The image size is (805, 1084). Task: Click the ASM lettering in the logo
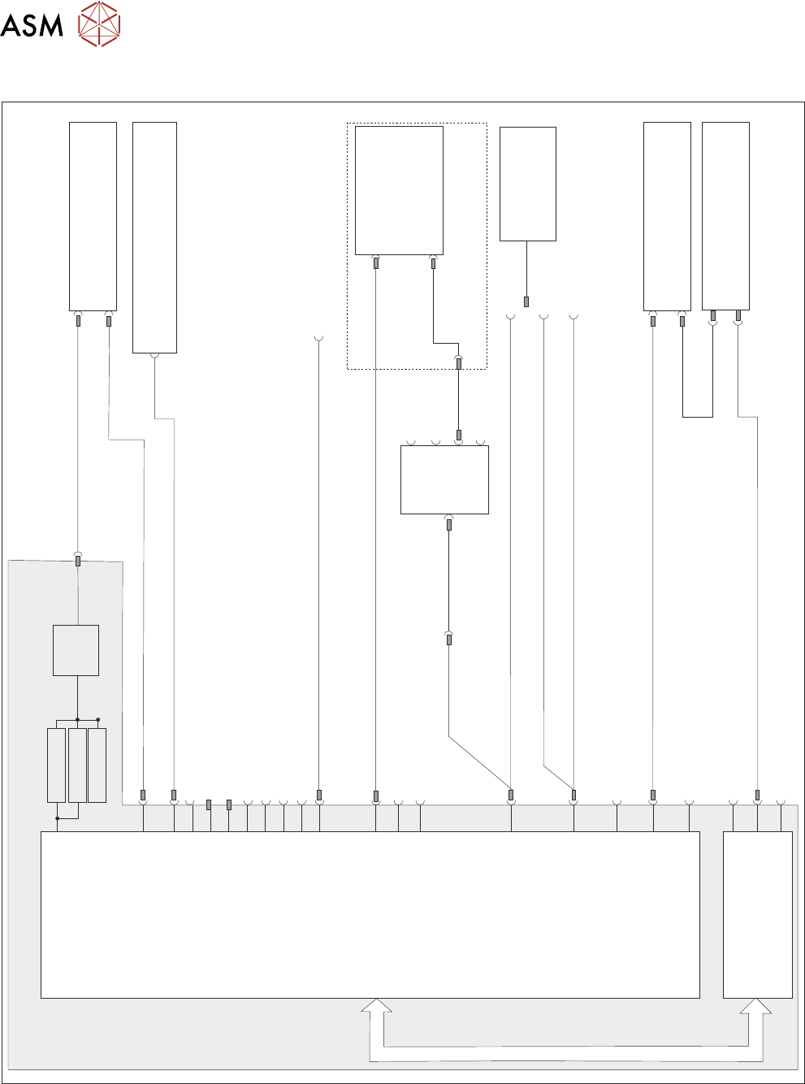pos(32,25)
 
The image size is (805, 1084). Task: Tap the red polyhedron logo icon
pos(99,24)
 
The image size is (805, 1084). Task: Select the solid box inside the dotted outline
pos(399,190)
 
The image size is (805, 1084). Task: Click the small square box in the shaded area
pos(76,650)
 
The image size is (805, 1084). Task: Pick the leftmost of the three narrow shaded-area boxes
pos(56,765)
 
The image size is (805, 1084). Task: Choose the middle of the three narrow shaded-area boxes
pos(77,765)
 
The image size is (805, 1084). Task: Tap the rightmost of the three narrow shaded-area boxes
pos(97,765)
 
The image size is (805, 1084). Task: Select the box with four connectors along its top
pos(444,479)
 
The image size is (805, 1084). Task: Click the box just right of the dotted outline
pos(527,184)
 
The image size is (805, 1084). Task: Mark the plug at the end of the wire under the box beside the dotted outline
pos(526,302)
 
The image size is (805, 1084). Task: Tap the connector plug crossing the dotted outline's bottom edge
pos(459,364)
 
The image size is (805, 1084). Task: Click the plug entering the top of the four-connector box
pos(459,436)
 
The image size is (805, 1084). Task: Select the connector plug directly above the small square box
pos(78,561)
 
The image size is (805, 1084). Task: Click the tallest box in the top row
pos(154,237)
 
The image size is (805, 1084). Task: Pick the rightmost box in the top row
pos(725,215)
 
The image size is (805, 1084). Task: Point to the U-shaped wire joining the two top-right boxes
pos(698,416)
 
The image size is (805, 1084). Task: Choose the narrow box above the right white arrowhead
pos(757,914)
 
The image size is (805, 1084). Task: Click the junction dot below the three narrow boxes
pos(58,818)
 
